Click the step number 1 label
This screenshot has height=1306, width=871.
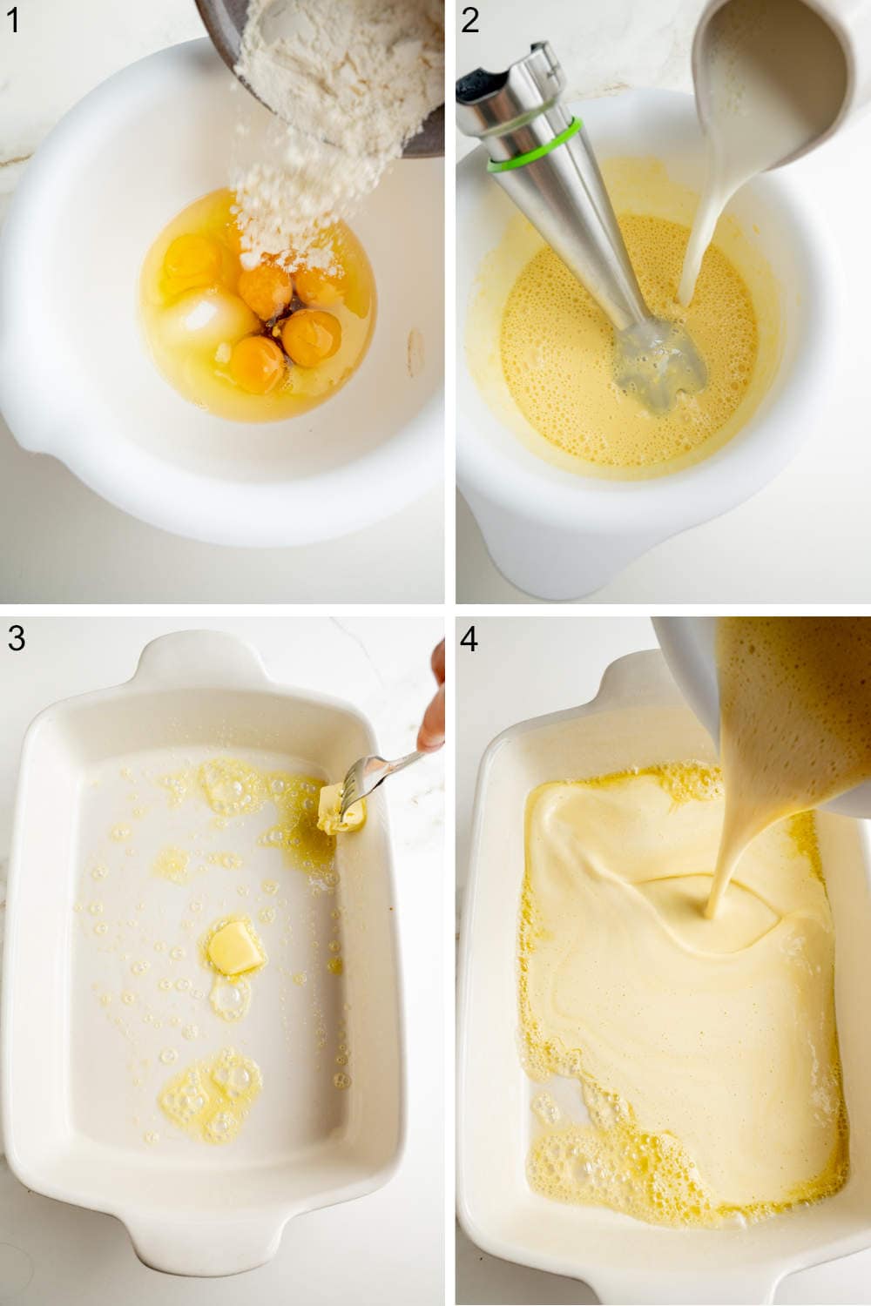12,19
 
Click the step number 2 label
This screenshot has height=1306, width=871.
470,19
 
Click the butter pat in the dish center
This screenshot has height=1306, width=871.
235,947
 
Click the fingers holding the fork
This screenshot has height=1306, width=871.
432,723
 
